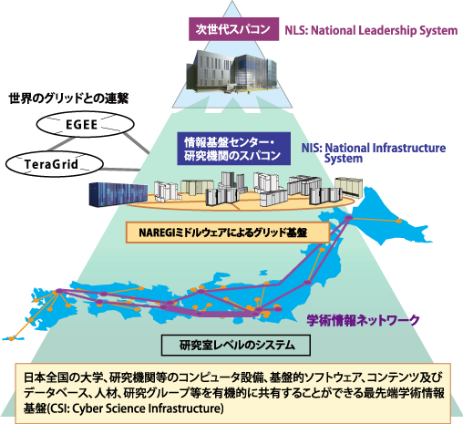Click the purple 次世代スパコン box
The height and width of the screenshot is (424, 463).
click(233, 29)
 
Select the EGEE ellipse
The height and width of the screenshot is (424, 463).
click(85, 124)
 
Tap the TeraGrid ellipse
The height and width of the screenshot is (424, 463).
click(54, 164)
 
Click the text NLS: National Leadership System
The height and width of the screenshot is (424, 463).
click(371, 30)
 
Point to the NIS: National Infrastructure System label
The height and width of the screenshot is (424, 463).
click(374, 153)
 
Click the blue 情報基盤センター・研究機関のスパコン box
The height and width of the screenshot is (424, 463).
click(233, 149)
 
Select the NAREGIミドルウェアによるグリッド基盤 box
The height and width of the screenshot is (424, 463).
click(228, 233)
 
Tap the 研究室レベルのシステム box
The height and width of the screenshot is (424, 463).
click(236, 345)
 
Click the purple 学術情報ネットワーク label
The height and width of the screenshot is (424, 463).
click(363, 320)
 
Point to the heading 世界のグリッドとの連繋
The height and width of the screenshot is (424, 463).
click(68, 98)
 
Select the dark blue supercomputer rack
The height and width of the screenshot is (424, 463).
click(118, 194)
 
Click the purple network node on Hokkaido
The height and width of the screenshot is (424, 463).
click(349, 218)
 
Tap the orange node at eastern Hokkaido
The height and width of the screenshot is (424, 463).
click(398, 221)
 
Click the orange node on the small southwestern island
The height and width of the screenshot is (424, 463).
click(12, 338)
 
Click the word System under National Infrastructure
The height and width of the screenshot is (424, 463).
click(344, 159)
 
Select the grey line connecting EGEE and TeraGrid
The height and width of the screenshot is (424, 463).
click(61, 144)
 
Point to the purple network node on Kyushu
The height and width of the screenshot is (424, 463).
click(59, 291)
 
